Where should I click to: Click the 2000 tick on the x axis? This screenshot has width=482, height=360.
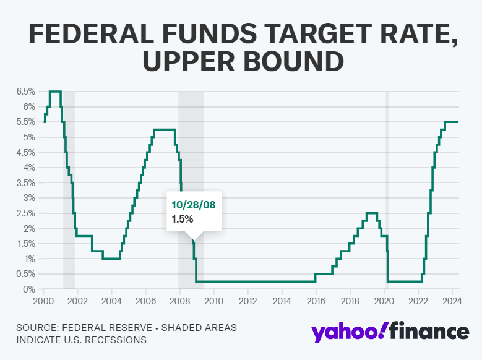coord(43,301)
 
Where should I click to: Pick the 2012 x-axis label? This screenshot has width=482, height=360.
coord(247,301)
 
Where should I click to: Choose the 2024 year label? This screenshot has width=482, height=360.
coord(452,301)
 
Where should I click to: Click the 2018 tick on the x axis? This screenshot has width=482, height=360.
coord(350,301)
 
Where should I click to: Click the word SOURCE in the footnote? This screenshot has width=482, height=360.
coord(37,327)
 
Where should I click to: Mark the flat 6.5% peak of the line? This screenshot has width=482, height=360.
coord(55,92)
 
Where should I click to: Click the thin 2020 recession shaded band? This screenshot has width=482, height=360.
coord(387,186)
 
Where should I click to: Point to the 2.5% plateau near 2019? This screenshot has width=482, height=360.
coord(372,213)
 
